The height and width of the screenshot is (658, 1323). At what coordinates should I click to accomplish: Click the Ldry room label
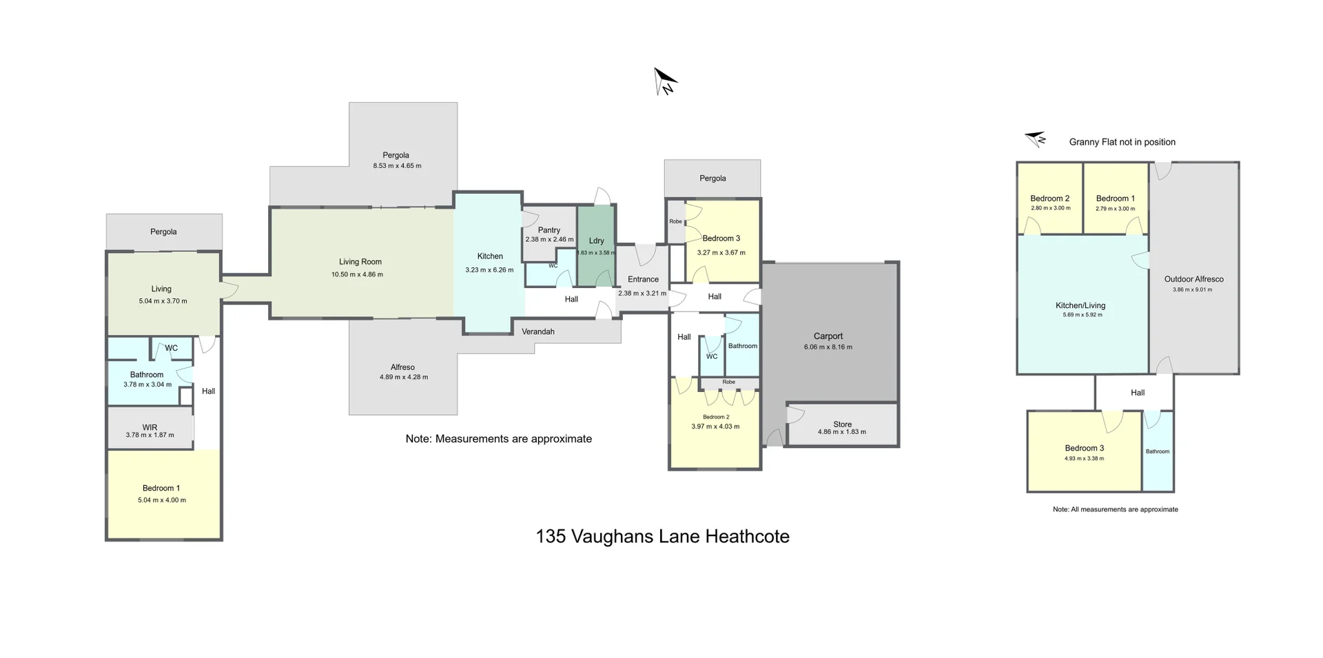(x=596, y=240)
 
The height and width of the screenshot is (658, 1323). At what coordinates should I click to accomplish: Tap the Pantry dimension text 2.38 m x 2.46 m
(x=549, y=240)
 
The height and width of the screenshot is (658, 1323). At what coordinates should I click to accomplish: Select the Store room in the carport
(x=842, y=425)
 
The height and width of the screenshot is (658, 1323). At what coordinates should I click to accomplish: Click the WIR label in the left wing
(x=150, y=427)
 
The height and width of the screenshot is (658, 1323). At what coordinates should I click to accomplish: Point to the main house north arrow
(x=665, y=81)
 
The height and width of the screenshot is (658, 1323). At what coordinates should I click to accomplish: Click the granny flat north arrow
(x=1035, y=139)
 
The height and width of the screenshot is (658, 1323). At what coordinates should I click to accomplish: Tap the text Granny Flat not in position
(x=1122, y=142)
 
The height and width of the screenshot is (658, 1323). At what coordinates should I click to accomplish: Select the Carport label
(x=828, y=336)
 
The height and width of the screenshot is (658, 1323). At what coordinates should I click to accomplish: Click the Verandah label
(x=537, y=331)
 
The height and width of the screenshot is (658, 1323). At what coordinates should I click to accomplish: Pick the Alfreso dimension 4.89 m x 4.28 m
(x=403, y=377)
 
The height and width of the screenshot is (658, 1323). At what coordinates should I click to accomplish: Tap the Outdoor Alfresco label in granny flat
(x=1193, y=279)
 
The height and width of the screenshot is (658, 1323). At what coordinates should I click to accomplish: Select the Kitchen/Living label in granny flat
(x=1080, y=305)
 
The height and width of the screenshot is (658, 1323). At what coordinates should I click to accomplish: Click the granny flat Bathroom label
(x=1157, y=451)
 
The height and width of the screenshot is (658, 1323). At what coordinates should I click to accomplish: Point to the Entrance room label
(x=643, y=279)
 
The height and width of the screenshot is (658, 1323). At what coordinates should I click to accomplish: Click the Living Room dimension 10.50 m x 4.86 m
(x=357, y=274)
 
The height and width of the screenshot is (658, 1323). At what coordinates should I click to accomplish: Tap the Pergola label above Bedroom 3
(x=712, y=178)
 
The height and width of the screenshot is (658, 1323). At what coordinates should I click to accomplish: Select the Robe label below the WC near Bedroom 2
(x=728, y=382)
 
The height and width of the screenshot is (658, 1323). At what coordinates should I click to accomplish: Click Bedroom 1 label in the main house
(x=161, y=488)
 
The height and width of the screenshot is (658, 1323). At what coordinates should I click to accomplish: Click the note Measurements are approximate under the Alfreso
(x=498, y=439)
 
